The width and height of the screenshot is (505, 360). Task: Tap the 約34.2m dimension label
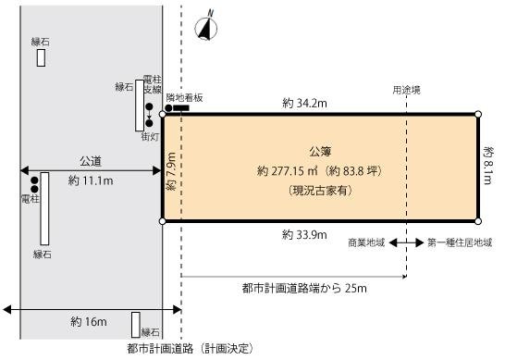pyautogui.click(x=305, y=104)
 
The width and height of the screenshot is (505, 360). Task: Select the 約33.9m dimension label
pyautogui.click(x=304, y=235)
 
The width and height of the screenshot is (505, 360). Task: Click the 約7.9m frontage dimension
pyautogui.click(x=171, y=169)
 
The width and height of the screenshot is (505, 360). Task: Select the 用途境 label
pyautogui.click(x=405, y=90)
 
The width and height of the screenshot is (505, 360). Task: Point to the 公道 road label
pyautogui.click(x=91, y=160)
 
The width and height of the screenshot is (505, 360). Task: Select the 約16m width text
pyautogui.click(x=90, y=322)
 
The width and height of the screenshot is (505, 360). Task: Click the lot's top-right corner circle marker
pyautogui.click(x=478, y=115)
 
